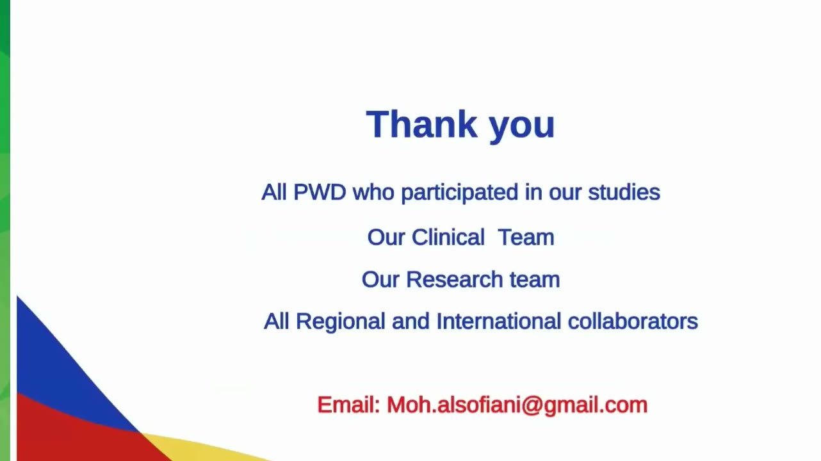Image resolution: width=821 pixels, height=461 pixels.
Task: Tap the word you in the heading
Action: [x=522, y=127]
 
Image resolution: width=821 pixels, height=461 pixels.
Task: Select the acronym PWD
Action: [x=320, y=192]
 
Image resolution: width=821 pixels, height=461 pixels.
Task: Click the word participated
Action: [x=460, y=193]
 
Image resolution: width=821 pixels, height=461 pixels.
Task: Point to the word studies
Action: [x=624, y=192]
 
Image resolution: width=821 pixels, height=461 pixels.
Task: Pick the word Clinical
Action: [x=448, y=237]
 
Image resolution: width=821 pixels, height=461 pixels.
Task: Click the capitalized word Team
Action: [x=526, y=237]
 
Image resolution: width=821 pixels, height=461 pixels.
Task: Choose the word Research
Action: [x=455, y=280]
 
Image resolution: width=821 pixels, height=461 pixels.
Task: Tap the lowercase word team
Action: [x=535, y=280]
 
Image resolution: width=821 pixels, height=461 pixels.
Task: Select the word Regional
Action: [x=341, y=322]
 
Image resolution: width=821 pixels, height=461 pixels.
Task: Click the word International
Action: [x=499, y=321]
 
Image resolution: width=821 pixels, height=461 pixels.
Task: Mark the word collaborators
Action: [x=633, y=321]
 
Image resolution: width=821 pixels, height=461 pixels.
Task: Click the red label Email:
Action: [x=348, y=405]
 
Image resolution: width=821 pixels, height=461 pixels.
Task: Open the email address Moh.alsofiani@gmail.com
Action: [x=517, y=406]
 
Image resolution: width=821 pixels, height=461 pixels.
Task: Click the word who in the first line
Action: [x=373, y=192]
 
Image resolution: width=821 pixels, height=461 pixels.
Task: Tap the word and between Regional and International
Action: [x=410, y=321]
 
